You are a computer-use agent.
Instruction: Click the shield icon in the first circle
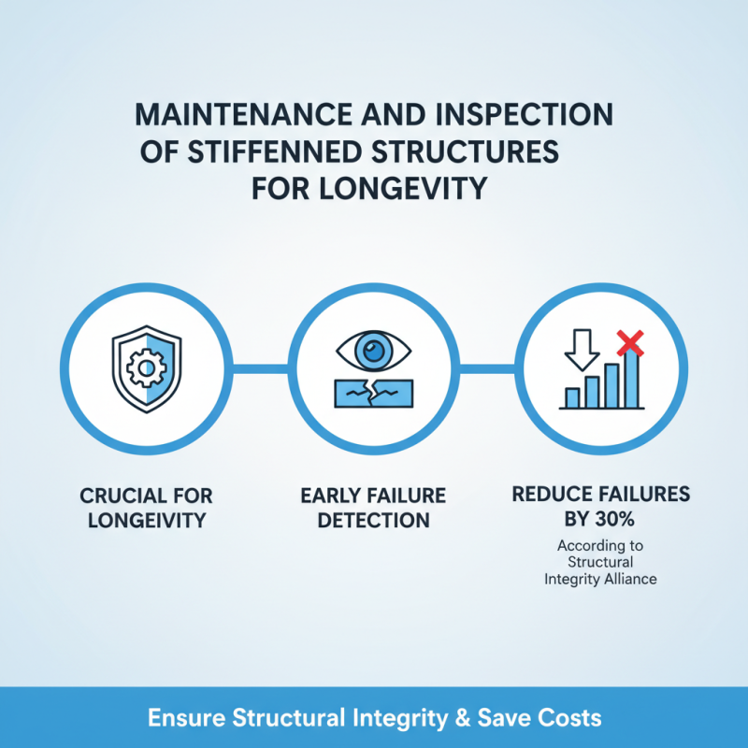[x=146, y=370]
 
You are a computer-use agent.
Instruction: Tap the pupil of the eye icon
[x=374, y=352]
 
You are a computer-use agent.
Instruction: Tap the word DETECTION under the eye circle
[x=374, y=519]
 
